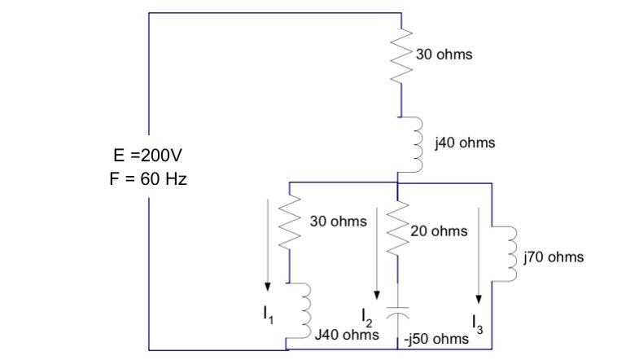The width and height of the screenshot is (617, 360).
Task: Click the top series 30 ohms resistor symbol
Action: pos(400,55)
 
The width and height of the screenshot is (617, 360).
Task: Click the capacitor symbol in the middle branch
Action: pos(397,313)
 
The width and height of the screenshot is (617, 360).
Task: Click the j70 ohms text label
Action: pos(554,257)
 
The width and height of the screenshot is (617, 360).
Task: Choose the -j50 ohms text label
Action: pos(436,338)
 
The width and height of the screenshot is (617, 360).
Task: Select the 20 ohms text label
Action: pos(440,231)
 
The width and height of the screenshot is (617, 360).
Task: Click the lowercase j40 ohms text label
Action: pos(465,143)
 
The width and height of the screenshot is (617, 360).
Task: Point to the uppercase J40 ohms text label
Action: pos(347,335)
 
